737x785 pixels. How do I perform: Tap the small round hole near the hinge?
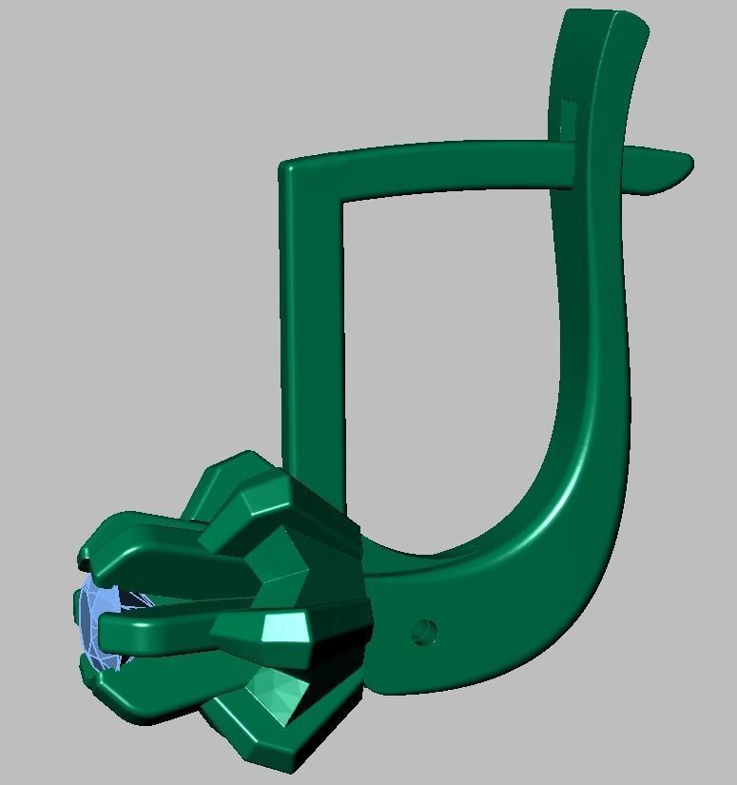423,629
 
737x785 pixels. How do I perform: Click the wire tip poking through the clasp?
666,167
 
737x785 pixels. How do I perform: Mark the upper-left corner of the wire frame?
290,172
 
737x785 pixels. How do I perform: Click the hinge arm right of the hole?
495,628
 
